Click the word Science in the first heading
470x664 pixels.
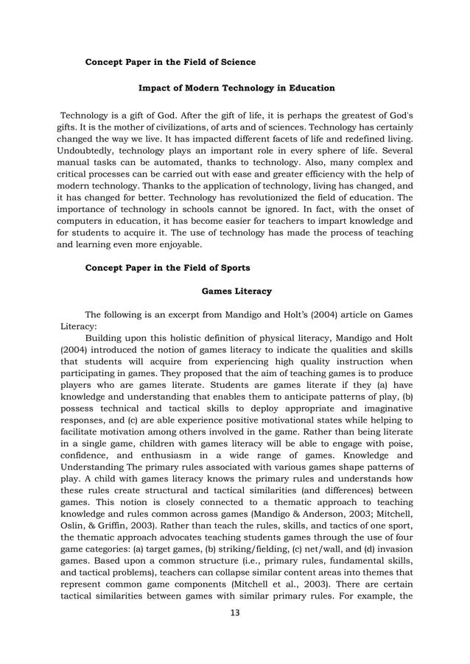click(235, 62)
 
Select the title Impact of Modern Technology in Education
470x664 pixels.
click(236, 88)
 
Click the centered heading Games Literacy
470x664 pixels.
click(236, 292)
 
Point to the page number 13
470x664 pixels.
click(236, 613)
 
